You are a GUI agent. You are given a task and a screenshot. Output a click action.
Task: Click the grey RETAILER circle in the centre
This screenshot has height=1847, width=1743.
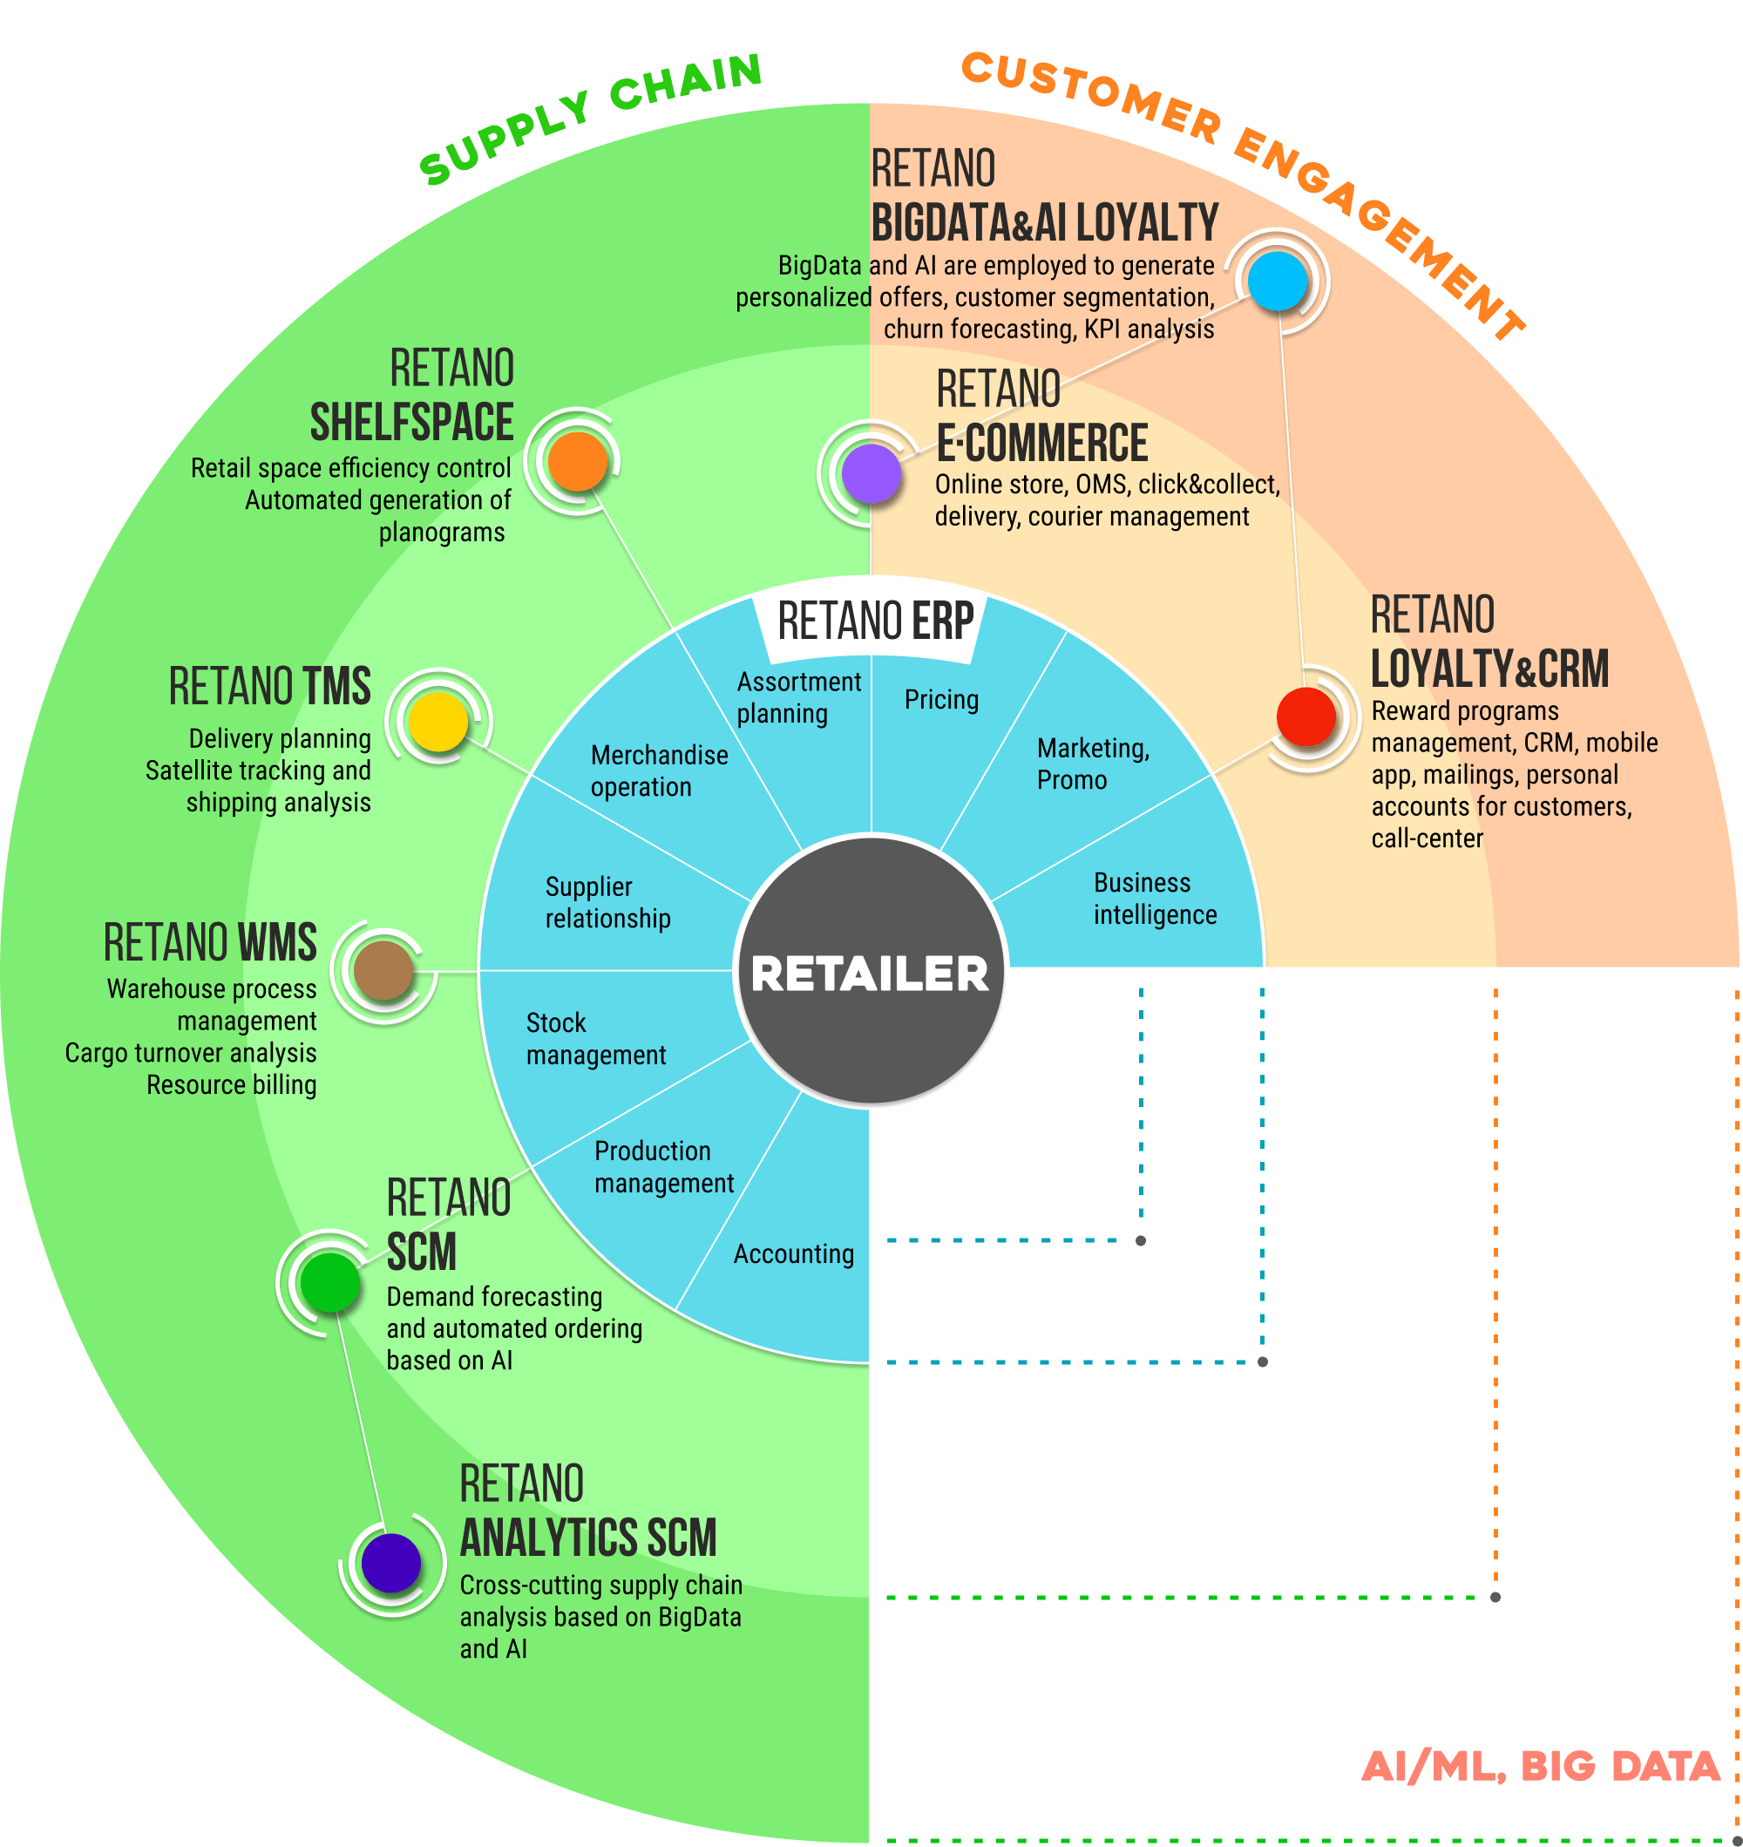click(x=871, y=972)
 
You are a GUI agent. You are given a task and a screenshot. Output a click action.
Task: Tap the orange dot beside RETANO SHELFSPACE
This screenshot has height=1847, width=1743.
click(x=577, y=461)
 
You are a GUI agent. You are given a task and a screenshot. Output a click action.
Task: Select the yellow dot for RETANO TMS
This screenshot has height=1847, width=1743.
click(x=437, y=721)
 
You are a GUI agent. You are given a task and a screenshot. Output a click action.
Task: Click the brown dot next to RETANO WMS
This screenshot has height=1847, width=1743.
click(x=383, y=971)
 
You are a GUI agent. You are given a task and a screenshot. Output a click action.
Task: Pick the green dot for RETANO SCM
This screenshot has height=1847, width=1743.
click(x=329, y=1282)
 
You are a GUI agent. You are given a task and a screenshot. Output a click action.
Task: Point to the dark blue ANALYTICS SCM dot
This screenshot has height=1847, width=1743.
click(x=391, y=1563)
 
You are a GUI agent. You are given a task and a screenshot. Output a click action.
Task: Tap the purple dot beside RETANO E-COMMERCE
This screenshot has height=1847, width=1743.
click(x=871, y=473)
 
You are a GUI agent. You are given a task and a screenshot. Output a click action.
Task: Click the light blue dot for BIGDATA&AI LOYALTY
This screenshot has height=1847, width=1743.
click(x=1278, y=281)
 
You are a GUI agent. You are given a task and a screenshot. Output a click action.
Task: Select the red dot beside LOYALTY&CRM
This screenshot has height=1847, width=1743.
click(x=1306, y=716)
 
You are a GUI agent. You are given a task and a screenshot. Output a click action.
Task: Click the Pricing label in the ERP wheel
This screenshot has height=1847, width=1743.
click(x=941, y=700)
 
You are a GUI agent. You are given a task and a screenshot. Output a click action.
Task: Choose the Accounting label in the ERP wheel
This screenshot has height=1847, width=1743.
click(x=793, y=1254)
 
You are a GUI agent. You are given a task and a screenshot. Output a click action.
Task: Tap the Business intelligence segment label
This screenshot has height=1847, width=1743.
click(x=1154, y=899)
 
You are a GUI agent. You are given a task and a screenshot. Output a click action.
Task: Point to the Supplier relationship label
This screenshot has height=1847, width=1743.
click(x=607, y=902)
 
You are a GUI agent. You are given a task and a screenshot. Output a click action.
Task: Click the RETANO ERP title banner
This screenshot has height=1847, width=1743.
click(x=874, y=621)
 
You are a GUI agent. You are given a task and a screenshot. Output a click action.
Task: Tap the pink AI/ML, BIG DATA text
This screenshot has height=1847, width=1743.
click(x=1541, y=1766)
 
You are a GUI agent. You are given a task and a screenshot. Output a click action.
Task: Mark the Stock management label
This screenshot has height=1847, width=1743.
click(x=595, y=1039)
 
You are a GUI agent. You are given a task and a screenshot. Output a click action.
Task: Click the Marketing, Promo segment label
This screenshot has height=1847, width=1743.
click(x=1093, y=764)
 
